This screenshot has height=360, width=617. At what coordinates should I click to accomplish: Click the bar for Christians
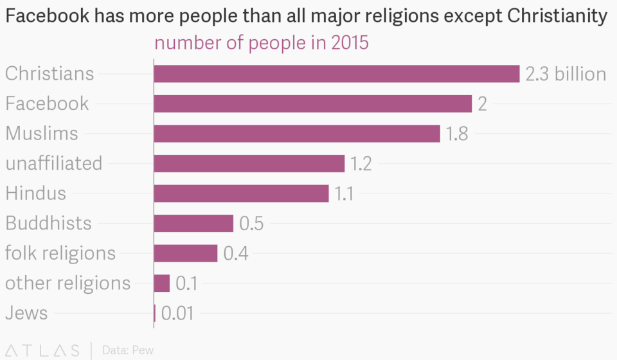tap(336, 74)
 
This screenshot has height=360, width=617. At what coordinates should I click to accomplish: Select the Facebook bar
tap(312, 104)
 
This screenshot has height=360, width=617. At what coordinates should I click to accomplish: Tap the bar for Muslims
tap(296, 134)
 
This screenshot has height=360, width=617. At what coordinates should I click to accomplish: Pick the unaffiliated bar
tap(249, 163)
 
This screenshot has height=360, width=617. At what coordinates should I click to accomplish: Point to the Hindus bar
tap(241, 194)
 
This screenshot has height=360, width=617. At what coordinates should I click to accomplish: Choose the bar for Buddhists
tap(193, 223)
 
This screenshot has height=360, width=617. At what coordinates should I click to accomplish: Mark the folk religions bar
tap(185, 253)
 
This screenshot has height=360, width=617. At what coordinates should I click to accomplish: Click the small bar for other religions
tap(161, 283)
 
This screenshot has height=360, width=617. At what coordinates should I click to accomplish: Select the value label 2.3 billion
tap(566, 74)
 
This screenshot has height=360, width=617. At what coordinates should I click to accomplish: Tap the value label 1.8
tap(457, 134)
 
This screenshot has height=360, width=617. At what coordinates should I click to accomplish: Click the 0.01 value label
tap(177, 314)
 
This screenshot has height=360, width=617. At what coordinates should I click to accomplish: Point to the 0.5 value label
tap(251, 223)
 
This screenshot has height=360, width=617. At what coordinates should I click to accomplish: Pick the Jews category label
tap(26, 314)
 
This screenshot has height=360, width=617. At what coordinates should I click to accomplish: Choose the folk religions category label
tap(60, 253)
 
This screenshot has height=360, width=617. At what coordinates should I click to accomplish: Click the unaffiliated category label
tap(54, 163)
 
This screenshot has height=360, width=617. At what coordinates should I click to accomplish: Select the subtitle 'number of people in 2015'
tap(261, 44)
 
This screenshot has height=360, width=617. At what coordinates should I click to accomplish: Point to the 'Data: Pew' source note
tap(128, 350)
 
